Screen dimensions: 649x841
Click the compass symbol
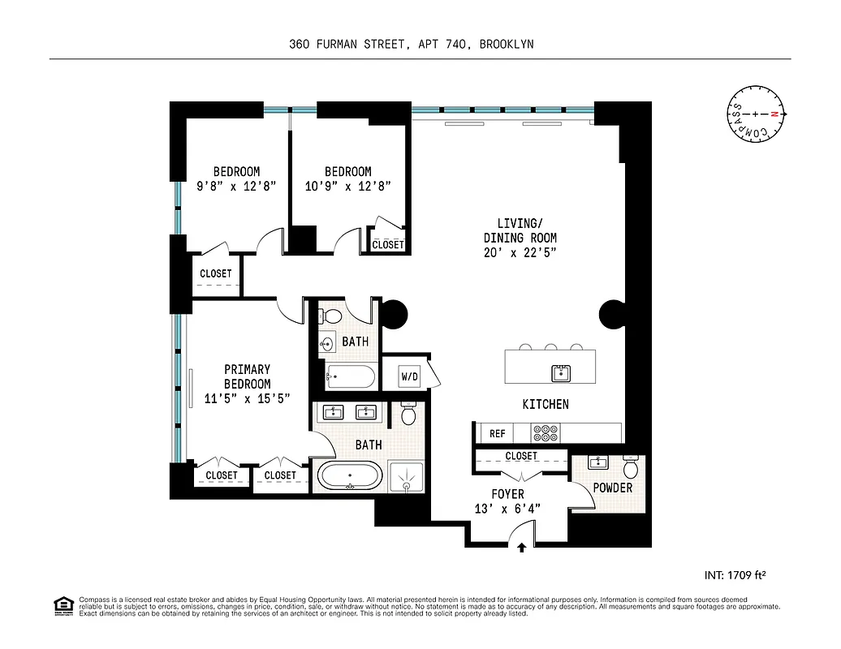point(756,114)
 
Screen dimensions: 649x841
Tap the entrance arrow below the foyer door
point(521,548)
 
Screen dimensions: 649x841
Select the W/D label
point(409,376)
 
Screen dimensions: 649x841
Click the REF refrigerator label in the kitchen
point(497,434)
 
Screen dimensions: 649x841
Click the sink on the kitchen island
point(561,373)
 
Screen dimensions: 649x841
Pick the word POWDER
point(612,488)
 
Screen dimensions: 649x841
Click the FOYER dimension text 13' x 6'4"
point(507,509)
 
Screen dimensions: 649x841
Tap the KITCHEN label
point(545,404)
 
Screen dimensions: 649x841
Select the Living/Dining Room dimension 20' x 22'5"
point(520,252)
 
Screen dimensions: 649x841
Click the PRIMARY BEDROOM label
point(247,376)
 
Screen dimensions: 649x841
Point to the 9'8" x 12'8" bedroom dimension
point(236,186)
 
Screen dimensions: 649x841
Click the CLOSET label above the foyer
point(520,456)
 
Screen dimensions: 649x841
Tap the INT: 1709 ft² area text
point(735,575)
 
